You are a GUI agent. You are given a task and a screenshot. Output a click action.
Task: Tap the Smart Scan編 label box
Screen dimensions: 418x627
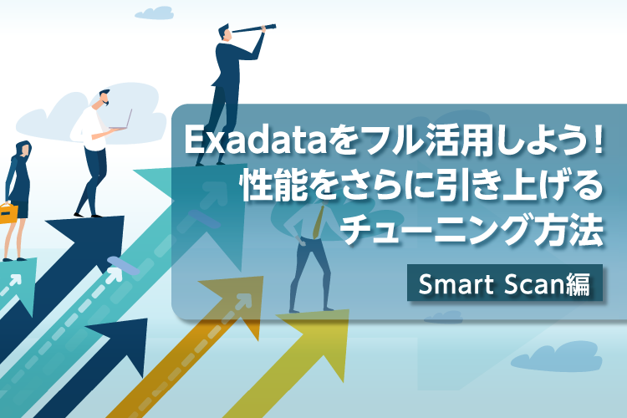(x=504, y=284)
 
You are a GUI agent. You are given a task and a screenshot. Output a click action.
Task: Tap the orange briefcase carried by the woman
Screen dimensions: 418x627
(x=8, y=212)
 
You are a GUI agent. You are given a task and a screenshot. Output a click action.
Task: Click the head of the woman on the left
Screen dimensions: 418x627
(x=22, y=151)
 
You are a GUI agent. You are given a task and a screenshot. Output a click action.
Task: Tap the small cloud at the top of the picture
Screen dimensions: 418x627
(x=154, y=13)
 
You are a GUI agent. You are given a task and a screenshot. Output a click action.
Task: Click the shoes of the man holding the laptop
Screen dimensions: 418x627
(x=88, y=214)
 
